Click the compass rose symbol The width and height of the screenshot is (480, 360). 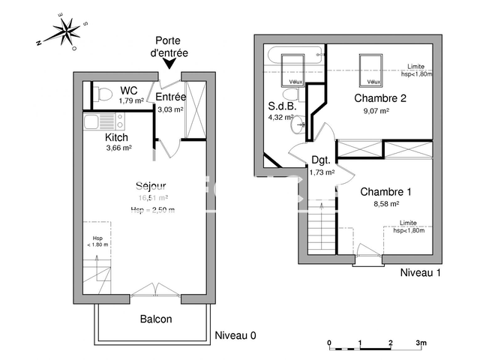[67, 32]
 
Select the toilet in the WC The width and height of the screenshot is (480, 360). [104, 94]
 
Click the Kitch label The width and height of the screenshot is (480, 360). [116, 137]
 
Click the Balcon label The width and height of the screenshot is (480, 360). [156, 319]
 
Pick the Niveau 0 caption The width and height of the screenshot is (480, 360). [235, 335]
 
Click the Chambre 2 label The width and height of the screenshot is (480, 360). [380, 98]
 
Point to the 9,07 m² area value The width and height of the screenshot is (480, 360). [376, 110]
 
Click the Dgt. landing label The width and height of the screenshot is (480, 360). [321, 159]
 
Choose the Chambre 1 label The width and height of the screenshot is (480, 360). [385, 191]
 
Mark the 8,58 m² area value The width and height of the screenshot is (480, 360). [385, 203]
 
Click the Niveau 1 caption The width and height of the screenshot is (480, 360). [420, 271]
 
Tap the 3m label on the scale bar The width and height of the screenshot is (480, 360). [421, 343]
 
